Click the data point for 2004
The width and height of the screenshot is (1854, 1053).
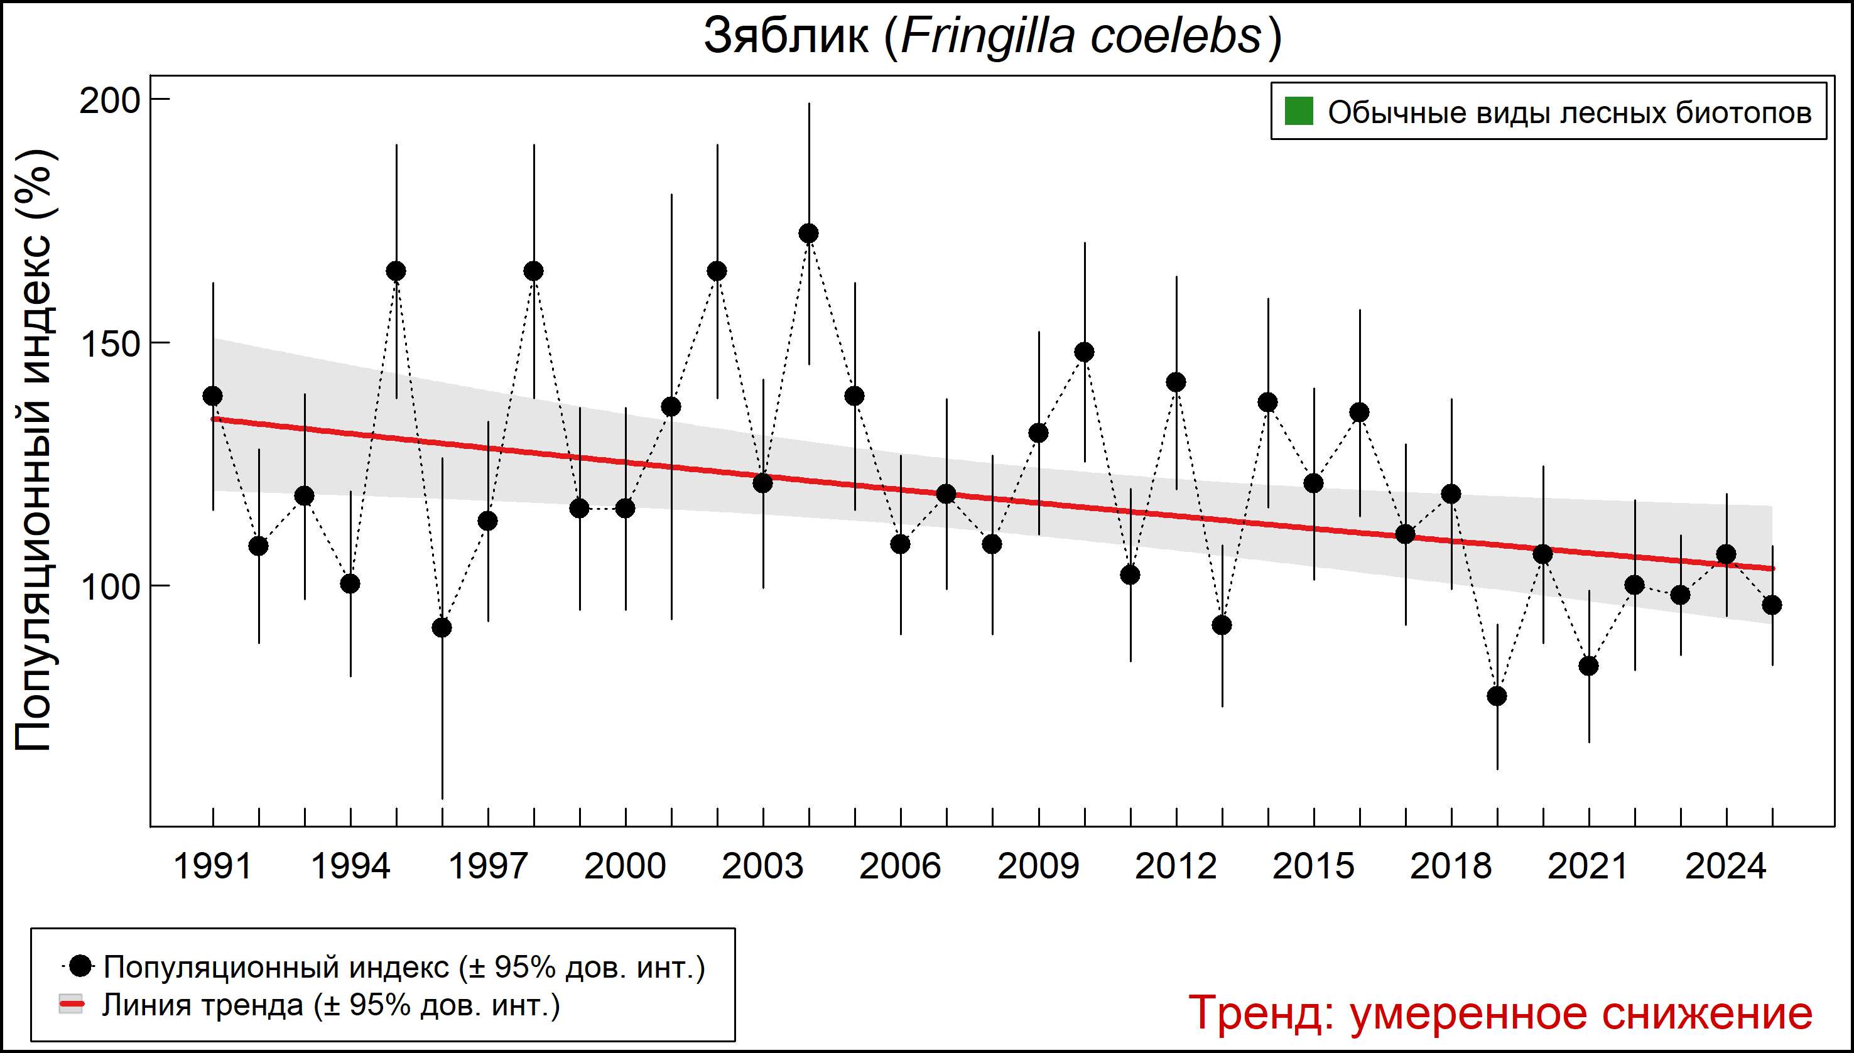(809, 234)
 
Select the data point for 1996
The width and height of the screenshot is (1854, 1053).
(442, 628)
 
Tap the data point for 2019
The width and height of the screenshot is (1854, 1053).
(1497, 696)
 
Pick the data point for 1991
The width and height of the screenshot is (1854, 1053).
(213, 396)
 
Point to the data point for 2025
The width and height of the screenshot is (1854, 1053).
(1772, 605)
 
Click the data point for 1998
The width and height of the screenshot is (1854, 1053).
(534, 271)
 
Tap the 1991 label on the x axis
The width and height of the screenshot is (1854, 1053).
(213, 867)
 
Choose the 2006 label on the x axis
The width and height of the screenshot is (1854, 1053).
(900, 867)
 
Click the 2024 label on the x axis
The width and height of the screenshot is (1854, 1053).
(1726, 867)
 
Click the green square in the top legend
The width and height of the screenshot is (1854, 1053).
(1298, 112)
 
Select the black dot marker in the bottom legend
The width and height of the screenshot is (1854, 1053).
(82, 966)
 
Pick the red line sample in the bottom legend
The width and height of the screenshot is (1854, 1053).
(71, 1005)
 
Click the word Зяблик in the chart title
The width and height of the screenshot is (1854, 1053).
(786, 36)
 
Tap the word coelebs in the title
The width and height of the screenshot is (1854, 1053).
(1176, 36)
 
